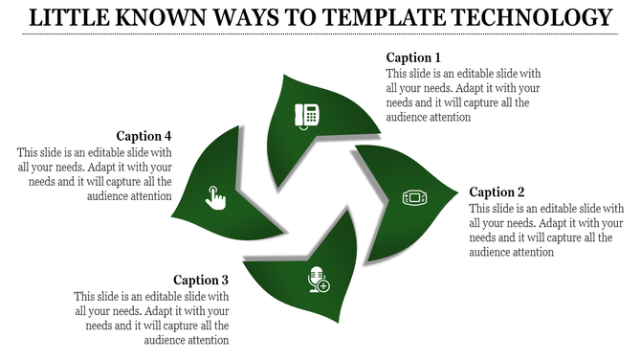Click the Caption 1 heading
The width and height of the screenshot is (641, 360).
tap(414, 56)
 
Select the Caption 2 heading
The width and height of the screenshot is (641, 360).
tap(498, 191)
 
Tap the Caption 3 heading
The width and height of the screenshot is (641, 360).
tap(199, 280)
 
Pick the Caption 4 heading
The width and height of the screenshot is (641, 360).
tap(144, 135)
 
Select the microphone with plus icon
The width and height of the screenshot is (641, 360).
tap(318, 281)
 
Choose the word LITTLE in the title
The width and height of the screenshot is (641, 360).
tap(70, 17)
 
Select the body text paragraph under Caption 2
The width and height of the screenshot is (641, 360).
tap(547, 231)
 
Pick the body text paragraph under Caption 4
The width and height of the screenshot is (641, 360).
tap(95, 173)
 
